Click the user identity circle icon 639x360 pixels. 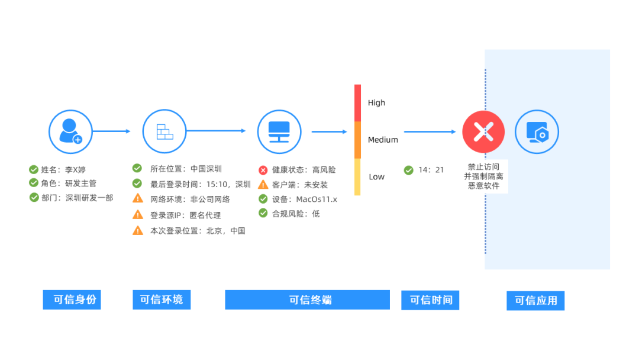pyautogui.click(x=70, y=131)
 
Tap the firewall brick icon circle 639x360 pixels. pyautogui.click(x=164, y=131)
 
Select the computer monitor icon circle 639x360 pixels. pyautogui.click(x=279, y=131)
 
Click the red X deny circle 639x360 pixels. pyautogui.click(x=483, y=131)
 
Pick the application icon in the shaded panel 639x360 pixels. pyautogui.click(x=537, y=131)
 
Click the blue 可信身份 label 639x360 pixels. pyautogui.click(x=72, y=300)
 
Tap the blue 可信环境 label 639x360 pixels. pyautogui.click(x=162, y=300)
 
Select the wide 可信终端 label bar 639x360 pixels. pyautogui.click(x=307, y=300)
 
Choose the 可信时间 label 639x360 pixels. pyautogui.click(x=430, y=300)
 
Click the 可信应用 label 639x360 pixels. pyautogui.click(x=535, y=300)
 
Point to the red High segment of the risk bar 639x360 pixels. pyautogui.click(x=357, y=103)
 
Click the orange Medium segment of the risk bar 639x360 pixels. pyautogui.click(x=357, y=140)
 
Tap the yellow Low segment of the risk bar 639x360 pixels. pyautogui.click(x=357, y=177)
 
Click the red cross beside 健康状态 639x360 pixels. pyautogui.click(x=263, y=170)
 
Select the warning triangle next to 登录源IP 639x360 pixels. pyautogui.click(x=138, y=214)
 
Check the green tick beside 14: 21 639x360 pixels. pyautogui.click(x=408, y=170)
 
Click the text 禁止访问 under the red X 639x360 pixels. pyautogui.click(x=483, y=167)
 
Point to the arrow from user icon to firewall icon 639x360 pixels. pyautogui.click(x=111, y=131)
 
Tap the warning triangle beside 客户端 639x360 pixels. pyautogui.click(x=263, y=185)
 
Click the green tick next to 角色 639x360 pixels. pyautogui.click(x=33, y=183)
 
